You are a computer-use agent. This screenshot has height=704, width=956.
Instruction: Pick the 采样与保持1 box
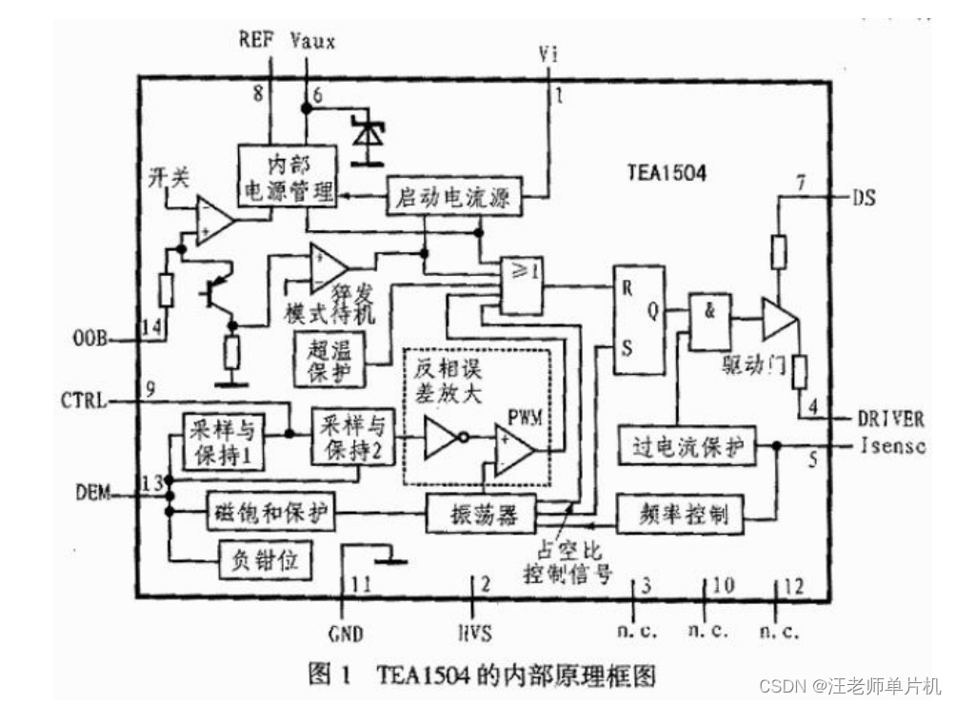223,440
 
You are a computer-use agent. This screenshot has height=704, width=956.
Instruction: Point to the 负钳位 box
266,560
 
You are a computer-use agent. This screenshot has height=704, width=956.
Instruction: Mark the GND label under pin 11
345,633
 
